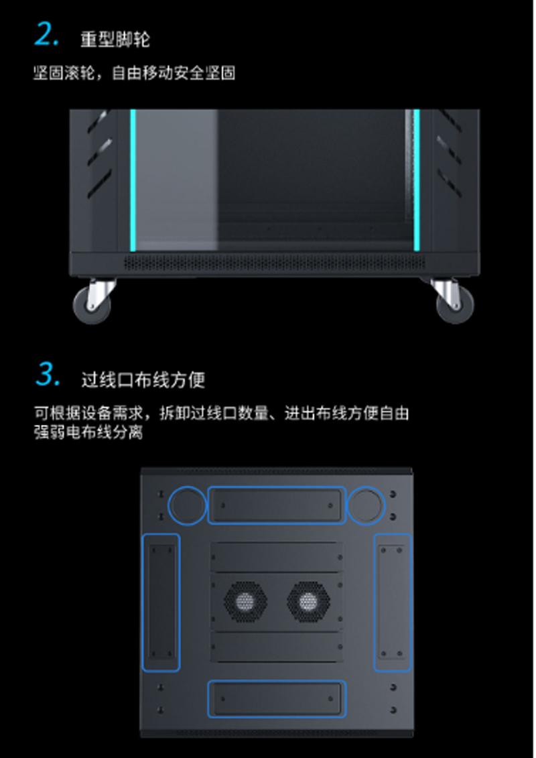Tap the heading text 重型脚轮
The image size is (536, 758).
coord(115,39)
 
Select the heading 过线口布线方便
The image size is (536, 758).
coord(143,379)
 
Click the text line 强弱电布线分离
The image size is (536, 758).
coord(88,432)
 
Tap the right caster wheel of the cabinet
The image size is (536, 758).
coord(454,303)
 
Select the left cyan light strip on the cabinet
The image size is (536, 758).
coord(133,180)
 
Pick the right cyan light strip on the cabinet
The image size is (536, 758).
coord(417,180)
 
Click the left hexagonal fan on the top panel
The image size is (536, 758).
coord(245,602)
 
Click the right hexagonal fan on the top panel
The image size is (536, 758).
coord(308,602)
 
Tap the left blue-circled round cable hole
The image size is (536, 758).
coord(187,505)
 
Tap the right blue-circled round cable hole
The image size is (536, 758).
coord(366,505)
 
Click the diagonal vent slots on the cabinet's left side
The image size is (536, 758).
coord(100,155)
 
